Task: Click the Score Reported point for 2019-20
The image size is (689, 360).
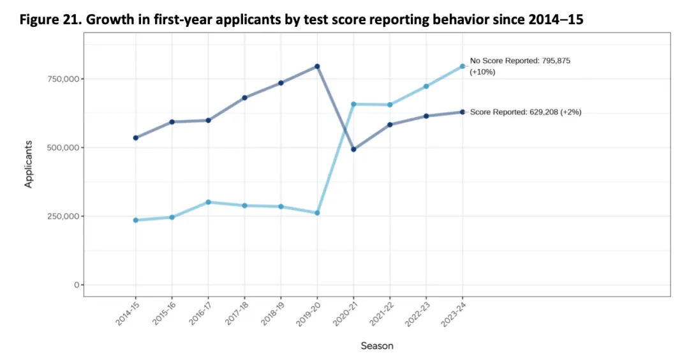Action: point(317,66)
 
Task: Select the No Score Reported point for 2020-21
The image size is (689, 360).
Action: point(353,104)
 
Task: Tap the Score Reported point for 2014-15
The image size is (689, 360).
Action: point(136,138)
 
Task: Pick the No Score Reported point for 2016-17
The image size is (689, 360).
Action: point(209,202)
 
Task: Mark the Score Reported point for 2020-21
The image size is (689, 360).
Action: point(353,149)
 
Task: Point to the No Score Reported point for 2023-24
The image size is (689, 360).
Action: point(463,66)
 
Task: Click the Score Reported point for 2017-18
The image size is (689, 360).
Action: point(244,98)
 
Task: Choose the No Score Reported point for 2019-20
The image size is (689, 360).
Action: point(317,213)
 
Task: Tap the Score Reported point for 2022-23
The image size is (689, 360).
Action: point(426,116)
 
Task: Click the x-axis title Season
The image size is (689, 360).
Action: point(377,346)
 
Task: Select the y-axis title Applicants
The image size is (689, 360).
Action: point(29,164)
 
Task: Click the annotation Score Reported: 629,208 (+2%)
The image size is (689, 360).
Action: point(525,112)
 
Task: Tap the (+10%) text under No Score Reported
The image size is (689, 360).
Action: point(483,72)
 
